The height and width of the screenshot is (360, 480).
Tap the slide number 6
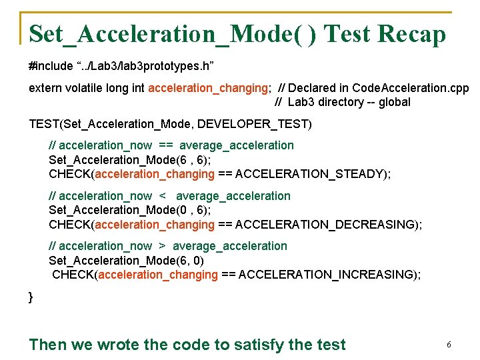coord(449,345)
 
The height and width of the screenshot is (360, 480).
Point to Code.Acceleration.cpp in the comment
coord(410,88)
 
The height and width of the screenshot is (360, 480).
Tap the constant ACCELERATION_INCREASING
coord(325,275)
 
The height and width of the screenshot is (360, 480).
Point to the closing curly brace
coord(31,297)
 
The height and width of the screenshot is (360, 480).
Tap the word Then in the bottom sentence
coord(48,345)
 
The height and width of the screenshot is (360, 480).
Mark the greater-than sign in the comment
coord(162,246)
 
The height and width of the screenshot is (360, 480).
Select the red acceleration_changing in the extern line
coord(209,88)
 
